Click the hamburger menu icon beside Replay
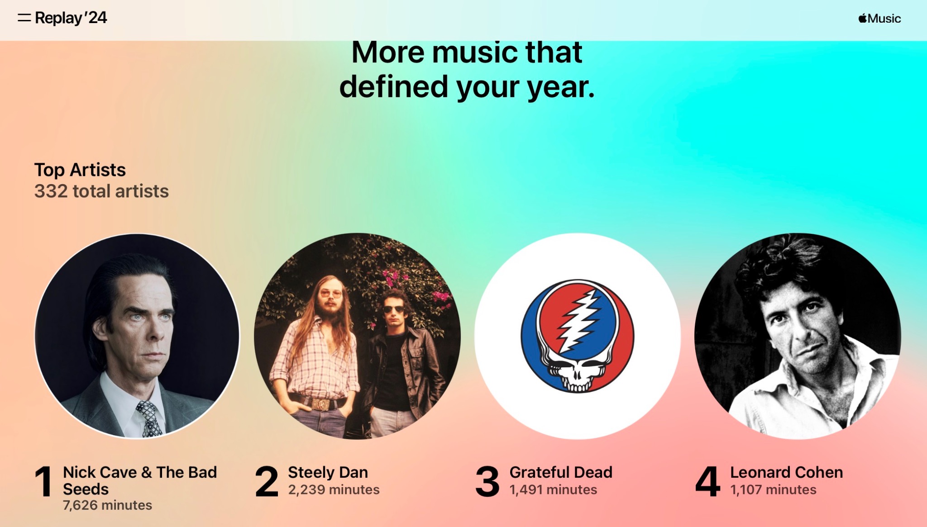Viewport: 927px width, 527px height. (x=24, y=18)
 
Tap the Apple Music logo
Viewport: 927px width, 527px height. (x=879, y=19)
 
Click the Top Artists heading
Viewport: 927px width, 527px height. (x=80, y=170)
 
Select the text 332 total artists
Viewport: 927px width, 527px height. (x=101, y=191)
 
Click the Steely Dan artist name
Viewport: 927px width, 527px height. (x=328, y=473)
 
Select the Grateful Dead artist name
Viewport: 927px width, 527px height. (x=561, y=472)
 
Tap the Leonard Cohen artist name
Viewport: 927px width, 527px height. (x=787, y=472)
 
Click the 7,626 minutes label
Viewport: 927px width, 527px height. (x=107, y=505)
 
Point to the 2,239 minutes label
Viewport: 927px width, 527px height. (x=334, y=490)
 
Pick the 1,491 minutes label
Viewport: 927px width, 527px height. (x=553, y=490)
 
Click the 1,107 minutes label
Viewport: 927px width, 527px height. (x=774, y=490)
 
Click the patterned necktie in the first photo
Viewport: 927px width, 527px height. (x=149, y=418)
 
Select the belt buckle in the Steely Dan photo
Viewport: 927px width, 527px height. (x=320, y=404)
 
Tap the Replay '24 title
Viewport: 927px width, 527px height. (x=71, y=18)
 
